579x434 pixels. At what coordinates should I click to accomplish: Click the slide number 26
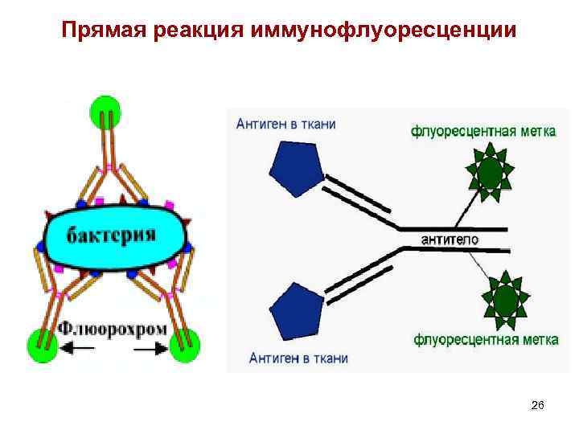tap(538, 407)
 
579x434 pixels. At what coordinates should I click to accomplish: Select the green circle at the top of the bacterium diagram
tap(105, 109)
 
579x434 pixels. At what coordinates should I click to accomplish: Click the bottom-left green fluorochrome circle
tap(41, 344)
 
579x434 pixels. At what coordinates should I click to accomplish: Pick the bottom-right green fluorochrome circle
tap(183, 345)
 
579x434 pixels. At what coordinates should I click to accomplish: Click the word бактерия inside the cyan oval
tap(112, 235)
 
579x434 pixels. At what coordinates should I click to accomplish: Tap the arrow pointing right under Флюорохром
tap(151, 350)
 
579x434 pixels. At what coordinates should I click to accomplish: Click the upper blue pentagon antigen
tap(297, 167)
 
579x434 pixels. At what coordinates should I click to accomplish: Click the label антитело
tap(450, 240)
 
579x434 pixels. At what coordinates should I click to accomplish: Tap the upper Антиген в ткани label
tap(285, 124)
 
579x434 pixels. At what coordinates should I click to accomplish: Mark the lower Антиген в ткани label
tap(298, 358)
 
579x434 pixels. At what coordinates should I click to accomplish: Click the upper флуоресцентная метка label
tap(482, 130)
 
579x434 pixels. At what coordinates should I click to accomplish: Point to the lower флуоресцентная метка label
tap(486, 340)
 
